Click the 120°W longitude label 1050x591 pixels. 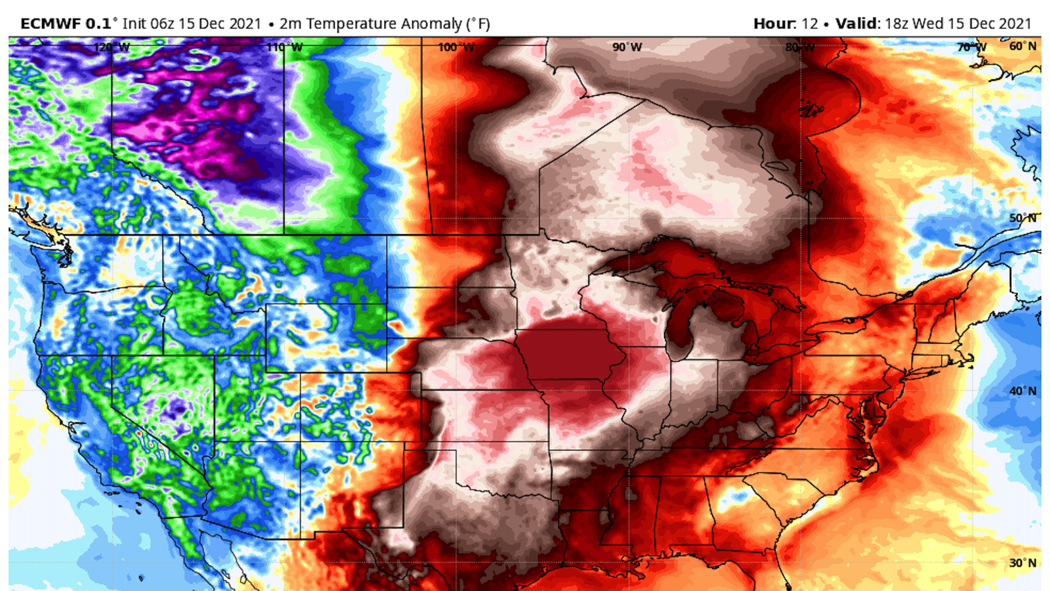coord(112,47)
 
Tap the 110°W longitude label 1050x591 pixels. coord(285,47)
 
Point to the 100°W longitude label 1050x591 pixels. coord(456,47)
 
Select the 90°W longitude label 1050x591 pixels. coord(627,47)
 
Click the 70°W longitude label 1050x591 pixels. coord(971,47)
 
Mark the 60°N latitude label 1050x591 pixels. coord(1022,46)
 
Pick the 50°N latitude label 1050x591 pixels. coord(1022,218)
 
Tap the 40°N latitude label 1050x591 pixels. coord(1022,391)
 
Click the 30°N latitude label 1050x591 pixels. coord(1022,563)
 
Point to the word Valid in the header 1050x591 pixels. coord(856,24)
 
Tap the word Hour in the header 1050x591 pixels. coord(774,24)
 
